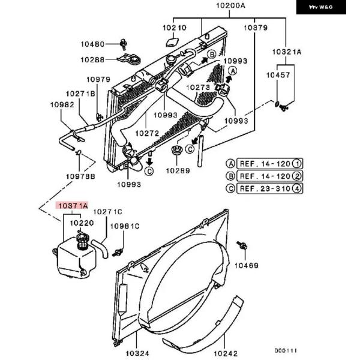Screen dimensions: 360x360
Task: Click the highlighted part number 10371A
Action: tap(72, 205)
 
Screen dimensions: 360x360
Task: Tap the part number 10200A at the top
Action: tap(230, 5)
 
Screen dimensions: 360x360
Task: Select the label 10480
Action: tap(92, 44)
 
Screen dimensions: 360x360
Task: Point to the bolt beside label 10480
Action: tap(124, 44)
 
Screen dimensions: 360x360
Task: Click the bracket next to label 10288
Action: tap(129, 59)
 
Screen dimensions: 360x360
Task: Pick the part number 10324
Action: tap(137, 353)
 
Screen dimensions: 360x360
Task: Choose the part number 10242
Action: tap(226, 353)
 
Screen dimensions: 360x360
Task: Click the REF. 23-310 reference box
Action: tap(269, 188)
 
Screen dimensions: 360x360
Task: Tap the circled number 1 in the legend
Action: tap(297, 164)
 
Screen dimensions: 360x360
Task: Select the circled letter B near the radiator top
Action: tap(212, 55)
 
